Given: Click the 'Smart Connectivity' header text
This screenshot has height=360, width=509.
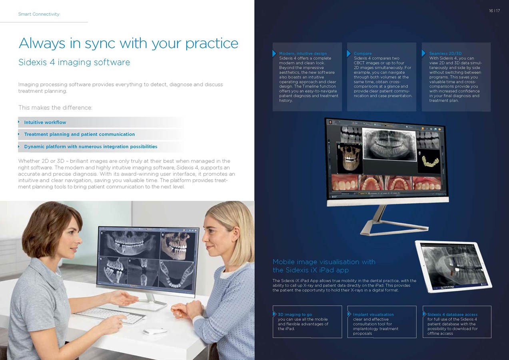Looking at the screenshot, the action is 39,14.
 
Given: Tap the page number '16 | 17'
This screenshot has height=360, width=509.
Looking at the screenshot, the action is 494,11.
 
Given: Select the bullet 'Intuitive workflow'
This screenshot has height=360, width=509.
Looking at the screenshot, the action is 45,122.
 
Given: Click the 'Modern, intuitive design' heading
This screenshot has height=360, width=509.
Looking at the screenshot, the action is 303,54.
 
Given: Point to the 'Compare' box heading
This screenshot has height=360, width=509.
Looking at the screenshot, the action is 363,54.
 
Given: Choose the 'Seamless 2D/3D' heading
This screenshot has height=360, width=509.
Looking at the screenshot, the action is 445,54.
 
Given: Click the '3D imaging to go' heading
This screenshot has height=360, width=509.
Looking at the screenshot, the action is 295,314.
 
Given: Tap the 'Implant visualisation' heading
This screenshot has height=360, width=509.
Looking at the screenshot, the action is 373,314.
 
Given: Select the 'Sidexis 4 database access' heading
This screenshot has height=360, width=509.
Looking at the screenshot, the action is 452,314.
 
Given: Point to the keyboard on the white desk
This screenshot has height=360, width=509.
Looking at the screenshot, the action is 110,315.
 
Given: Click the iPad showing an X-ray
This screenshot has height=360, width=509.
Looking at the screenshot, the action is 453,266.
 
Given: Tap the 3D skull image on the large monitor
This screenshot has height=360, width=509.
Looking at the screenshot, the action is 349,158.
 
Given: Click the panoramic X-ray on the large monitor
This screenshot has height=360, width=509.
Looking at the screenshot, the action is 389,144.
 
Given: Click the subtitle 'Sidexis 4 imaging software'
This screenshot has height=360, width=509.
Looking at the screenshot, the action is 74,62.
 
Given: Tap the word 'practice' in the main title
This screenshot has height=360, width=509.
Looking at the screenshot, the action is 212,44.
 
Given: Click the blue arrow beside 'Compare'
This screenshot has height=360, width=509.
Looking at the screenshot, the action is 349,54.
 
